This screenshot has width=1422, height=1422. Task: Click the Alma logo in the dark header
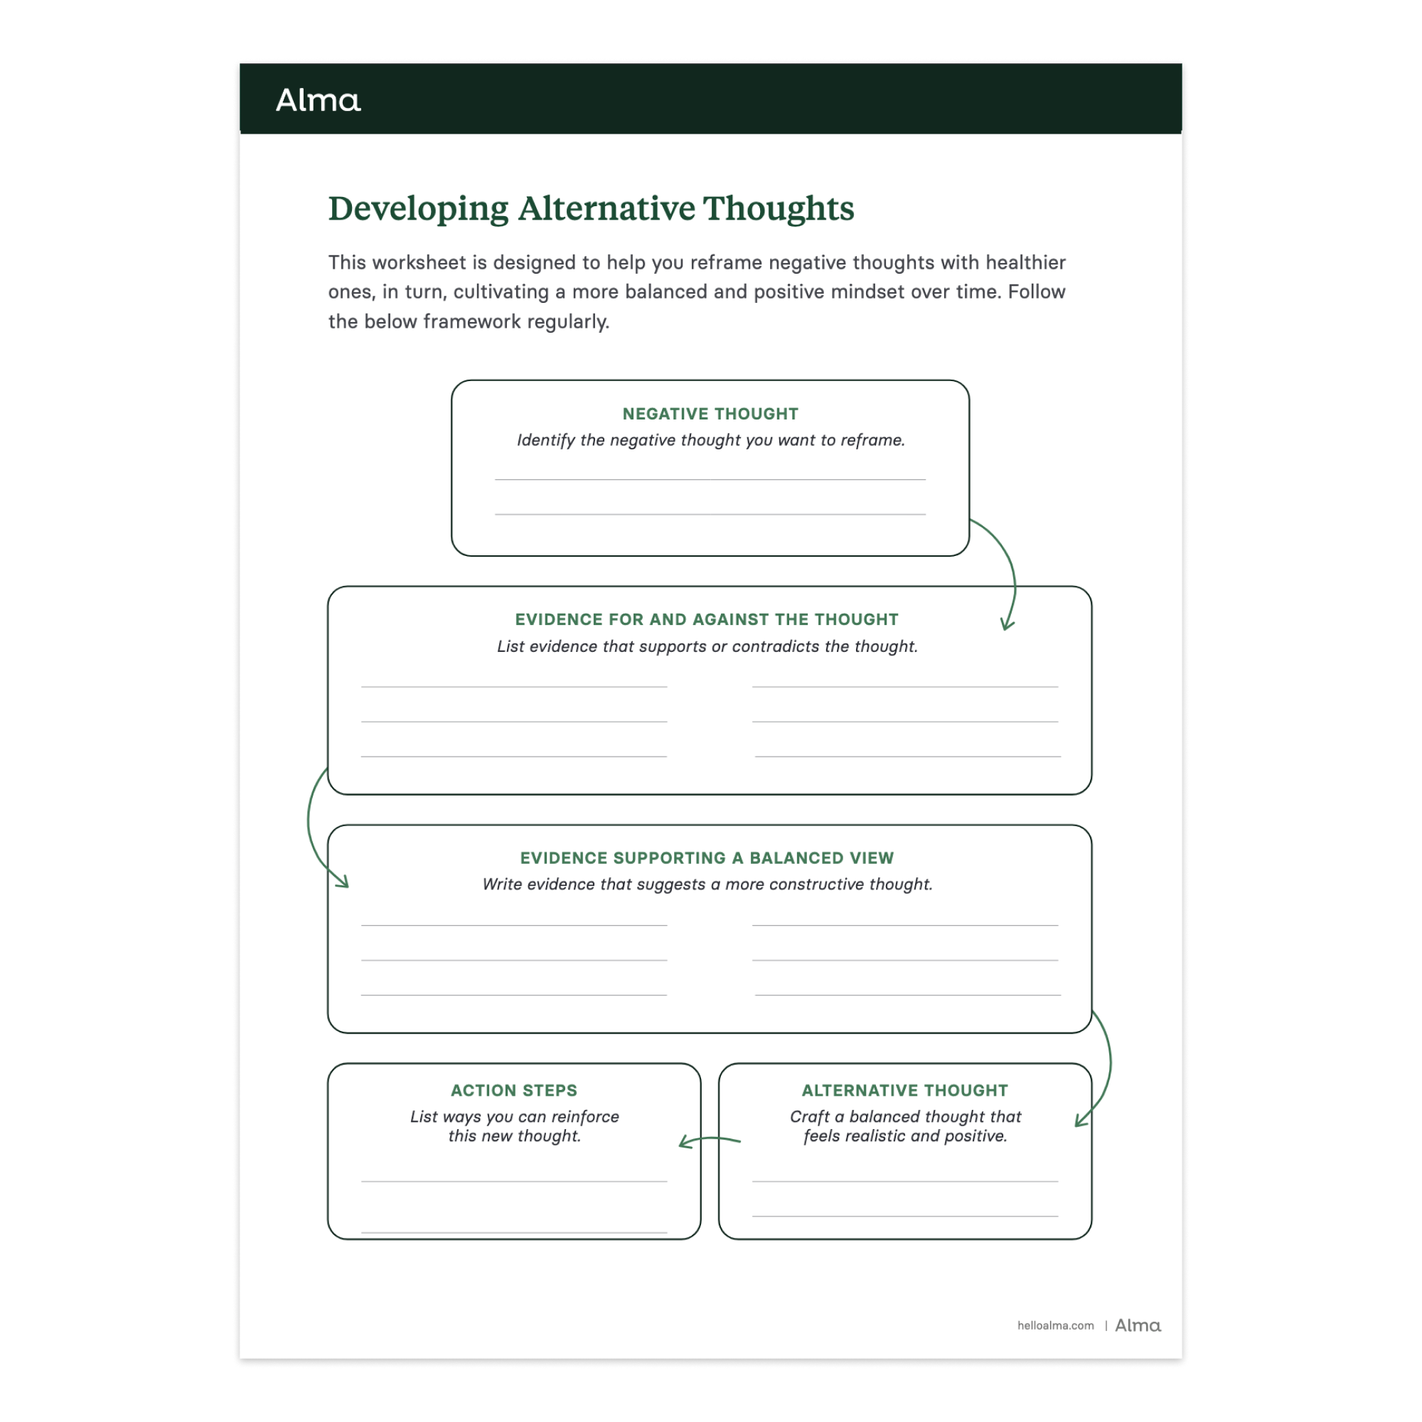318,100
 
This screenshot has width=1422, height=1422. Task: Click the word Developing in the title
417,209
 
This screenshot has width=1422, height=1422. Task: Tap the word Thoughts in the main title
778,209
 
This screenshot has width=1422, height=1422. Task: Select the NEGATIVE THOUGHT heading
710,414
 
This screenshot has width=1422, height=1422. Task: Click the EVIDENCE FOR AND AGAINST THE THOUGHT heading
707,620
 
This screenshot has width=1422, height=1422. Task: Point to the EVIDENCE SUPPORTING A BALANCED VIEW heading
707,858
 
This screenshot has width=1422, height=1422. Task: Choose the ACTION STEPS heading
514,1090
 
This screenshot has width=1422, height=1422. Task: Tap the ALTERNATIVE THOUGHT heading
904,1090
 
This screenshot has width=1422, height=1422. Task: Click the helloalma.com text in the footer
1055,1325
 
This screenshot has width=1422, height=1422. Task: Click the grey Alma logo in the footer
1138,1325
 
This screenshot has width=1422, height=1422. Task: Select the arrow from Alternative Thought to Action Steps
710,1140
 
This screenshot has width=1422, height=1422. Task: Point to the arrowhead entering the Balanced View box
342,882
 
